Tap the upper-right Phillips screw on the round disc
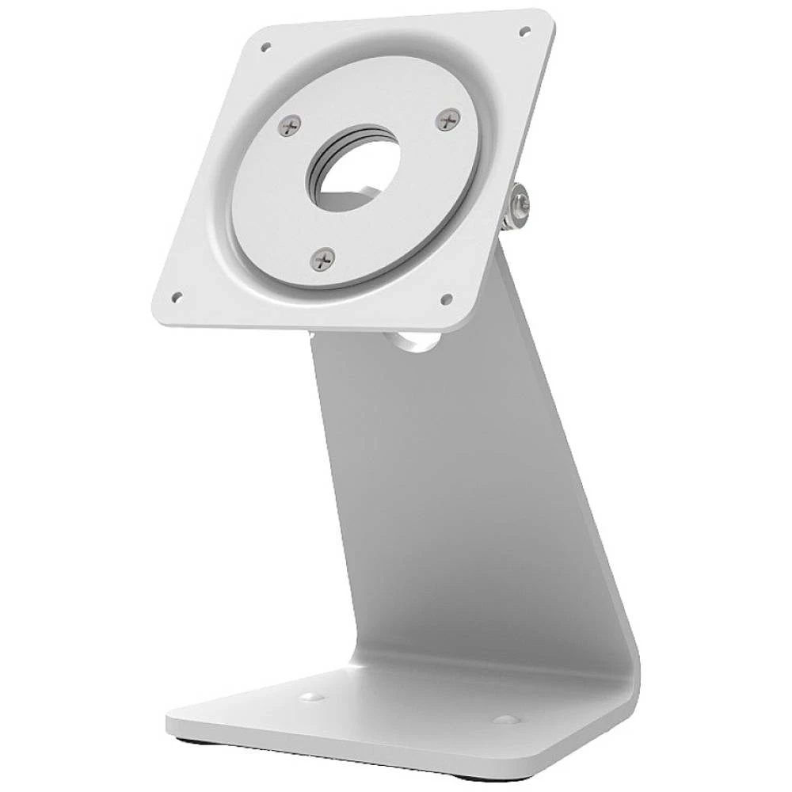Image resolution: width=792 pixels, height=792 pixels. pos(448,120)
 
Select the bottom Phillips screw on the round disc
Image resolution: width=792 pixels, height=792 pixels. pos(322,258)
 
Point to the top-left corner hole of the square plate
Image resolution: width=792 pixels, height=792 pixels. pos(266,47)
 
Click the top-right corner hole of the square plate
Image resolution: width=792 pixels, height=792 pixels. pos(524,32)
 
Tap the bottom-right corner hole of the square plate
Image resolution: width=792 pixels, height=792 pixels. pos(446,299)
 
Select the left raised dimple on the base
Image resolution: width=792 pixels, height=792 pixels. pos(310,697)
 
